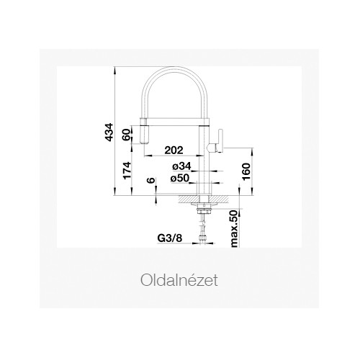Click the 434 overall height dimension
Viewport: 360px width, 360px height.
point(109,132)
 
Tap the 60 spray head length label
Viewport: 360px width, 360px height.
point(127,135)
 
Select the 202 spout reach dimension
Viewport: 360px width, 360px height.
point(174,150)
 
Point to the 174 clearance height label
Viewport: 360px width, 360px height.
point(127,171)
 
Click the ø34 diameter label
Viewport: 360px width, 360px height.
point(181,166)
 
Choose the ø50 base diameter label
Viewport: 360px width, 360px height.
point(180,179)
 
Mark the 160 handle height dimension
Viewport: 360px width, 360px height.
point(246,171)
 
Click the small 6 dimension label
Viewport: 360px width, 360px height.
point(151,180)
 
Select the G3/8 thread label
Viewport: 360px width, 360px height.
point(170,238)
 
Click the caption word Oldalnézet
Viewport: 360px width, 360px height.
point(179,280)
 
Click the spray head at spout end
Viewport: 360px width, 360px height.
point(143,131)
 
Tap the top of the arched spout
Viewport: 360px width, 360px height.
point(175,69)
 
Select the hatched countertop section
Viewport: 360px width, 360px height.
point(204,198)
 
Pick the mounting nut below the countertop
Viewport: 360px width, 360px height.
point(204,211)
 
